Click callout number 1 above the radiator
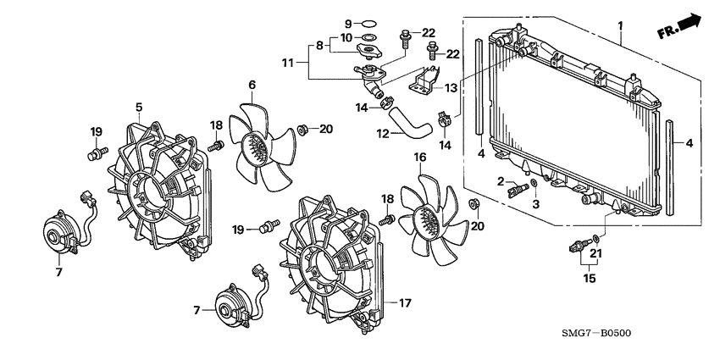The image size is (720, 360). (x=620, y=25)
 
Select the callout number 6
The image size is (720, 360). (x=252, y=85)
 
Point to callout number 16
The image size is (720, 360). (x=419, y=158)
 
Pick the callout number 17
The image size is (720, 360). (x=405, y=303)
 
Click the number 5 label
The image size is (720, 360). (x=139, y=107)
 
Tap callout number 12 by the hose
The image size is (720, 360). (x=383, y=134)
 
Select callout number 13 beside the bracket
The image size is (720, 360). (x=451, y=88)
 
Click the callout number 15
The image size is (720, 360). (x=590, y=279)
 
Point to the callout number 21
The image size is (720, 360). (x=595, y=253)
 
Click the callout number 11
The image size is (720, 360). (x=287, y=63)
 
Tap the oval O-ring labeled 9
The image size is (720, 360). (x=368, y=23)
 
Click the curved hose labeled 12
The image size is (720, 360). (x=410, y=120)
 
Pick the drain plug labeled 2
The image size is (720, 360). (x=518, y=188)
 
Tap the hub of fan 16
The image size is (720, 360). (x=426, y=221)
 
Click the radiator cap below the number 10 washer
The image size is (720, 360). (x=368, y=50)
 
